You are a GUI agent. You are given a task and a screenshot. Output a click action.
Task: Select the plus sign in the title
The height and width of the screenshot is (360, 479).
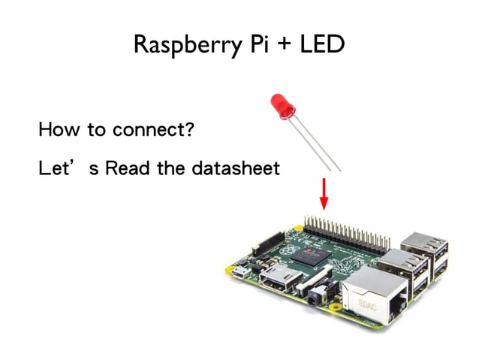[278, 45]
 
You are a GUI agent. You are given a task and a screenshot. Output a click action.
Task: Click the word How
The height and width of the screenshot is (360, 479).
[59, 130]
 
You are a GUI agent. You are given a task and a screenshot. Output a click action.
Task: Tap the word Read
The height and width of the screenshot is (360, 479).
[127, 168]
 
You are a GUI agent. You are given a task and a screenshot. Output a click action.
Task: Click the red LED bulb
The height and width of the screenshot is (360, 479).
[280, 106]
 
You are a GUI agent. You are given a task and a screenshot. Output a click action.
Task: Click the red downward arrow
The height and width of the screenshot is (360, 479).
[324, 194]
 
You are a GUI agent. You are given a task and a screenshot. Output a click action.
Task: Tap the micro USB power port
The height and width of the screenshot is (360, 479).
[238, 271]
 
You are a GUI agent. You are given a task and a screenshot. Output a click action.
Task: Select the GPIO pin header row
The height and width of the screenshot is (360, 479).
[346, 229]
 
